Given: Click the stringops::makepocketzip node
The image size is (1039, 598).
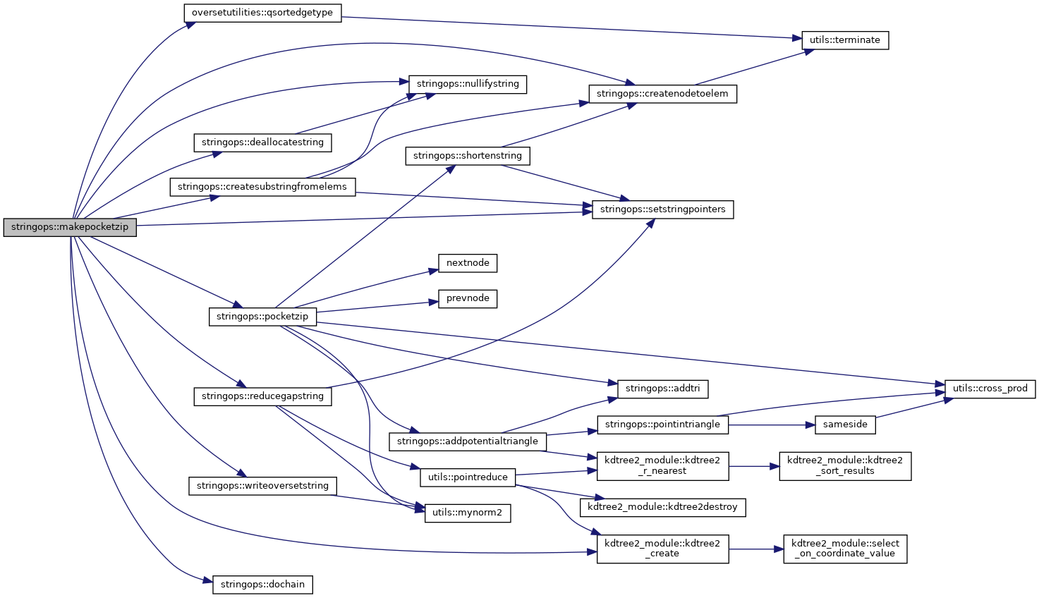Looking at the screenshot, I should coord(70,228).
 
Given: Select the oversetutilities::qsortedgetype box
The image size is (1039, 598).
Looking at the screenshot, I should coord(262,13).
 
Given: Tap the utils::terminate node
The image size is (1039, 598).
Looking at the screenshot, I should coord(844,40).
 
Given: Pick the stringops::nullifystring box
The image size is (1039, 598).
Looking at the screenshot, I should coord(468,84).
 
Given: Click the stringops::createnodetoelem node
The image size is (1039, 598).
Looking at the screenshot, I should coord(662,94).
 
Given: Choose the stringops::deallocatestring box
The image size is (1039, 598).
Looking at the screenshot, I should coord(262,142).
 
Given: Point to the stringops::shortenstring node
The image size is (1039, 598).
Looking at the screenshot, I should coord(468,156).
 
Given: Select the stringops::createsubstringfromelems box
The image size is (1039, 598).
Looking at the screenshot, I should coord(262,187).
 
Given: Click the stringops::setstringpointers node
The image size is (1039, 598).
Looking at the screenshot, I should coord(662,209).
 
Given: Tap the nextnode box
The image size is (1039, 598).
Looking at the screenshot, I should coord(468,263).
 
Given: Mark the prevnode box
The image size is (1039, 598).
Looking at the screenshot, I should coord(468,298).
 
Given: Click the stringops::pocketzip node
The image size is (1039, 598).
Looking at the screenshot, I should coord(262,317).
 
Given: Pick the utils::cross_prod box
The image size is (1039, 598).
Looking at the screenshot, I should coord(990,389).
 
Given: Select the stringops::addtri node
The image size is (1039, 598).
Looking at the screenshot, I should coord(662,389).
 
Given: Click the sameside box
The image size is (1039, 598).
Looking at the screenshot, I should coord(845,425).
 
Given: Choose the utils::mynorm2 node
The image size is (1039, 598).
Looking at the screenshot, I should coord(468,513).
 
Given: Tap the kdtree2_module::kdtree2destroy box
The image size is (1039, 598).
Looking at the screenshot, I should coord(662,506).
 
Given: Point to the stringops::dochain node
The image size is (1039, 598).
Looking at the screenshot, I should coord(262,585).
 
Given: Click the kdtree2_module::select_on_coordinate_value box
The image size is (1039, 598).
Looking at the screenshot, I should coord(845,549).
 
